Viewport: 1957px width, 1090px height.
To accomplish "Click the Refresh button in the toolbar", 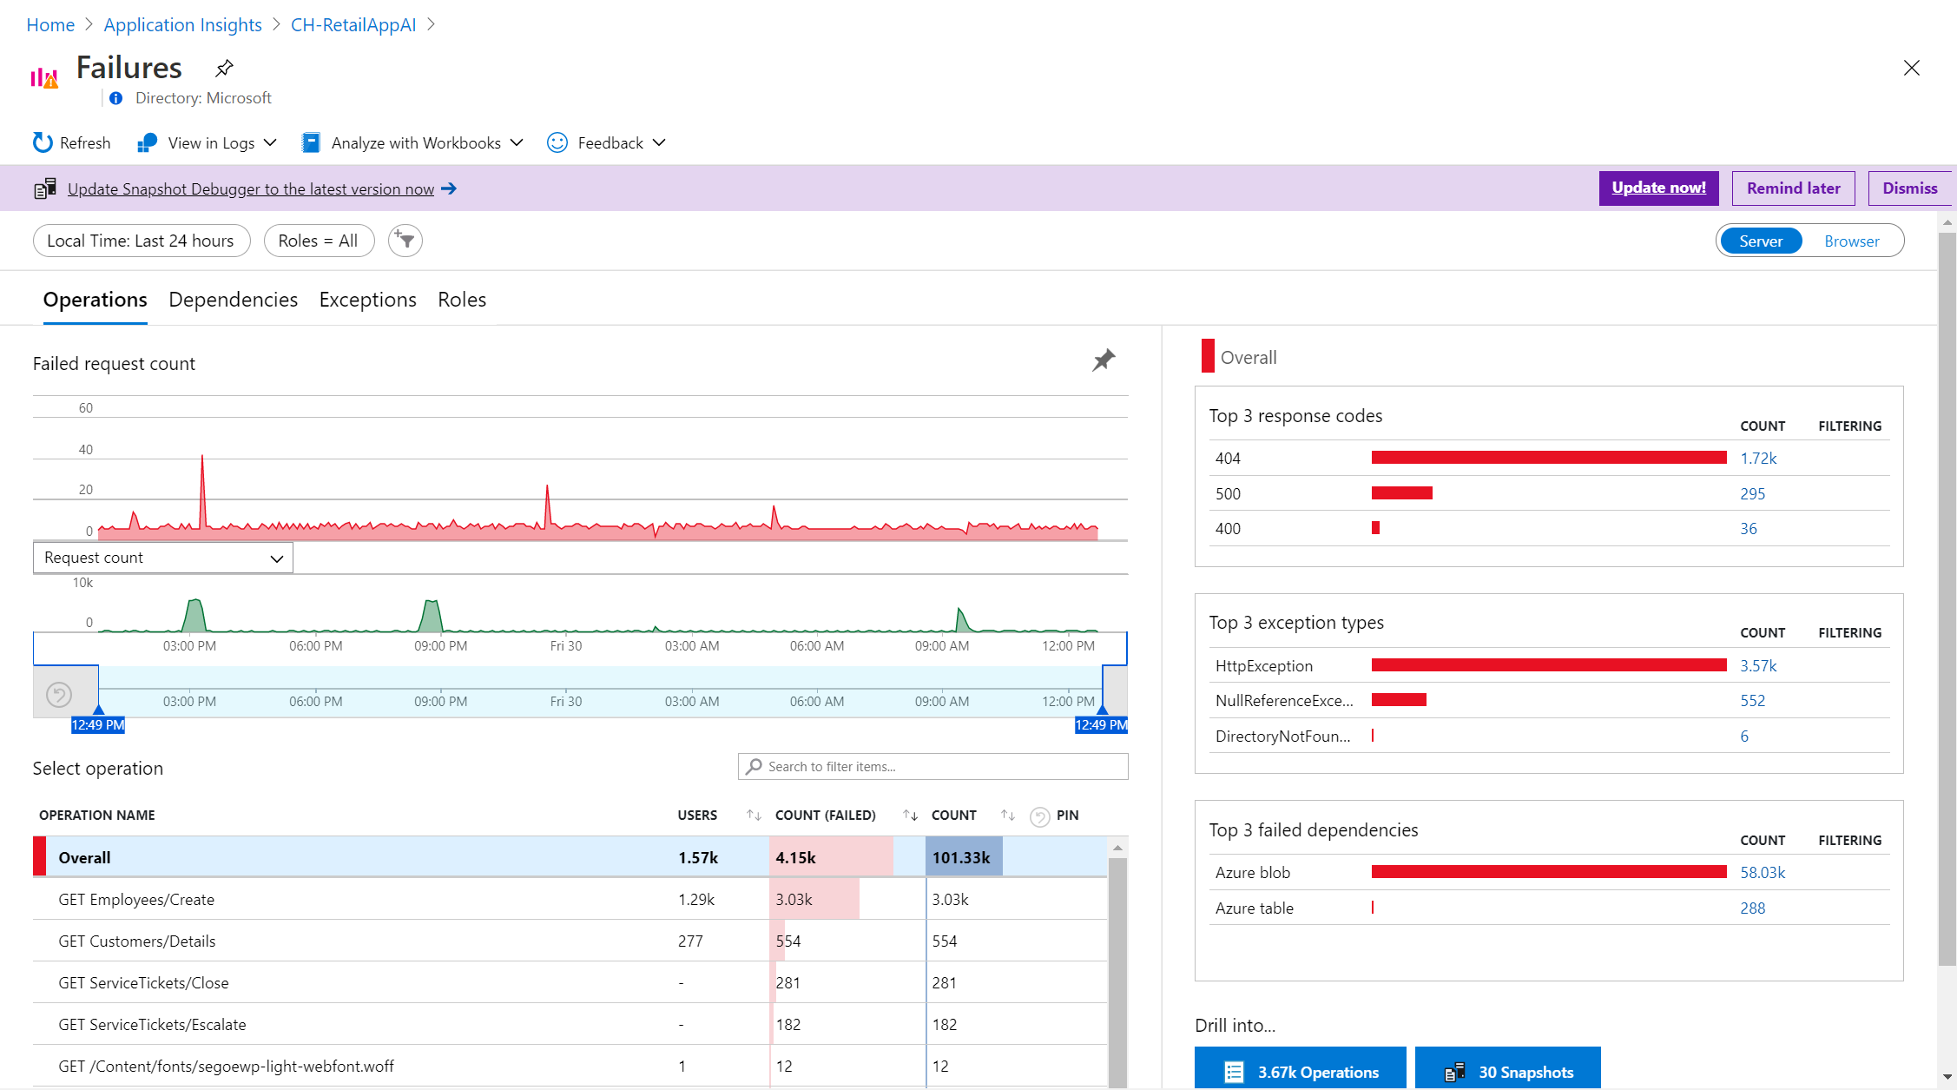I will coord(72,142).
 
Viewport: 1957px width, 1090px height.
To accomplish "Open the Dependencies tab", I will coord(233,300).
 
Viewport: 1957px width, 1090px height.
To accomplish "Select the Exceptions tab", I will coord(367,300).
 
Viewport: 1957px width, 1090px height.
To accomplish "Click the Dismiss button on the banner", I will coord(1909,188).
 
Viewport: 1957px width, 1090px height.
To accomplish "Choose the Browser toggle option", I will coord(1851,241).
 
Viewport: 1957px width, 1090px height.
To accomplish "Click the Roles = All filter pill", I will coord(318,241).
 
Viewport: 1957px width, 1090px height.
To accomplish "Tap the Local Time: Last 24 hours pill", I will coord(141,241).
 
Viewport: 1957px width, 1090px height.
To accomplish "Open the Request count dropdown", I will coord(163,558).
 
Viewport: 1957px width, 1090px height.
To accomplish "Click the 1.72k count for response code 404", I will coord(1758,459).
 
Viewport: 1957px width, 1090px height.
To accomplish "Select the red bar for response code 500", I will coord(1401,493).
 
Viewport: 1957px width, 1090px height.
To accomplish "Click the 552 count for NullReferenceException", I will coord(1752,701).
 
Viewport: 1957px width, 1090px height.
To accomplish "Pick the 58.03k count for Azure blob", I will coord(1763,873).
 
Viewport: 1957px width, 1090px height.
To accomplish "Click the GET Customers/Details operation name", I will coord(137,941).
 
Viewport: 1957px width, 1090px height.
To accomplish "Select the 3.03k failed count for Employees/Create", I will coord(794,900).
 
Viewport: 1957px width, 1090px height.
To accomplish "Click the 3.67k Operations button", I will coord(1300,1072).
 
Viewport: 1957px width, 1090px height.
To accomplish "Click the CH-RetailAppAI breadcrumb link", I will coord(353,24).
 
